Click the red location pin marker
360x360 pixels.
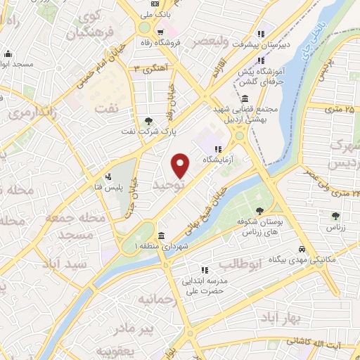pos(181,166)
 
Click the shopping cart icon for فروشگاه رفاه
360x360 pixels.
pos(161,32)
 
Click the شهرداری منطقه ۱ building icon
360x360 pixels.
pos(162,236)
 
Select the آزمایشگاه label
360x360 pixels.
pos(218,160)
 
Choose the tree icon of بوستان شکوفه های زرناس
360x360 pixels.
pos(260,210)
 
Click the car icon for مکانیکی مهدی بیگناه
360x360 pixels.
pos(302,250)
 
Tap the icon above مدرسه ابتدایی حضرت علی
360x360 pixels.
pos(204,269)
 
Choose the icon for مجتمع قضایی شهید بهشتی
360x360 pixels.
pos(243,99)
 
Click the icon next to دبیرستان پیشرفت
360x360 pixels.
pos(262,34)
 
